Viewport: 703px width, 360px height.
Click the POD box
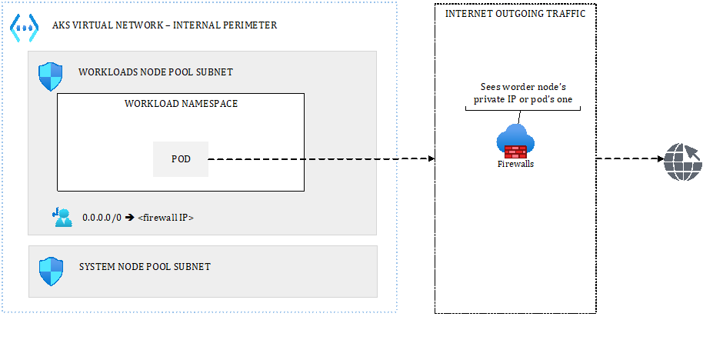tap(181, 159)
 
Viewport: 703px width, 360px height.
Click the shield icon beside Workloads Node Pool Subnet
tap(51, 77)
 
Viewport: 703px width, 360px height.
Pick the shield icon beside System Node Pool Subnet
tap(51, 271)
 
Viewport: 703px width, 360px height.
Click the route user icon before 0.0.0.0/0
tap(62, 218)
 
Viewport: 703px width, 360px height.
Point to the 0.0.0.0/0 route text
tap(102, 218)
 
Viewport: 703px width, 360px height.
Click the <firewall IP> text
tap(165, 218)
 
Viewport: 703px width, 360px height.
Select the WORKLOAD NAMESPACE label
tap(181, 104)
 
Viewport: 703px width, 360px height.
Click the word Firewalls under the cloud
tap(515, 164)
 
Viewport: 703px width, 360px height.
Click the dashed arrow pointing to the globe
tap(629, 159)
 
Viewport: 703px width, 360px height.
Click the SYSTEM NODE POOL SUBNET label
tap(145, 267)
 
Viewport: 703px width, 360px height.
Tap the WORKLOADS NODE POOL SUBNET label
tap(155, 72)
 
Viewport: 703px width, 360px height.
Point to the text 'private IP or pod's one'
tap(522, 100)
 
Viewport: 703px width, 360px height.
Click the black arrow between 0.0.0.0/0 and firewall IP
tap(130, 218)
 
